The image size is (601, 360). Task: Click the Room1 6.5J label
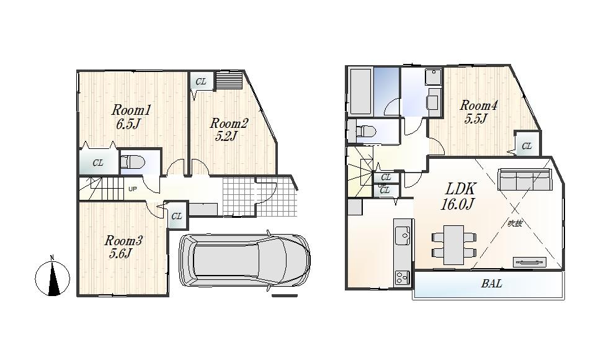point(131,117)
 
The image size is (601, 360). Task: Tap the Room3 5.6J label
point(123,246)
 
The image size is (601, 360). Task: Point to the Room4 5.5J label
point(478,112)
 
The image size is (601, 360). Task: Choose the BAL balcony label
point(491,285)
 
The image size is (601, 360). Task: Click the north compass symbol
point(53,277)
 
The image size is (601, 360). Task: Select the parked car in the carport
point(244,259)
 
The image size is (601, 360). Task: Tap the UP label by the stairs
point(133,189)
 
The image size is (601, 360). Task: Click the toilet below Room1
point(132,163)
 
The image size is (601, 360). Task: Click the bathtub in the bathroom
point(361,92)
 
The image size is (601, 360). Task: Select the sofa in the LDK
point(525,181)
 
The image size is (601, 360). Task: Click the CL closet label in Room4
point(527,146)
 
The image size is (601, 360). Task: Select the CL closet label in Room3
point(177,217)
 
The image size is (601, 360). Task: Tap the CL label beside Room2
point(201,82)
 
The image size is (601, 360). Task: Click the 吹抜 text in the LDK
point(514,223)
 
